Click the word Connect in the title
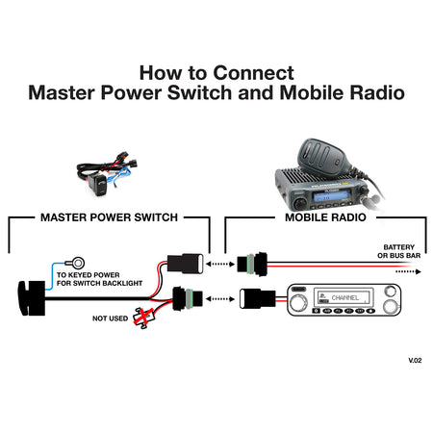pos(253,73)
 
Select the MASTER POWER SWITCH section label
pos(109,217)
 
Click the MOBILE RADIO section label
pos(325,217)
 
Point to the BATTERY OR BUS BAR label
pos(399,251)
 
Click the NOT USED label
pos(110,318)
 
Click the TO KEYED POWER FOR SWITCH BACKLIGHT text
pos(99,279)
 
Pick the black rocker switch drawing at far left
pos(32,298)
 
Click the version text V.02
pos(415,360)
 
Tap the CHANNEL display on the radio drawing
pos(344,297)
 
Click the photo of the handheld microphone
pos(321,157)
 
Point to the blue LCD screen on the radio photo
pos(330,195)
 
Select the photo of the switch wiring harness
pos(107,173)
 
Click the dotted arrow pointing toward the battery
pos(408,271)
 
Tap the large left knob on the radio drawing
pos(296,302)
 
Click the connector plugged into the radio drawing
pos(258,298)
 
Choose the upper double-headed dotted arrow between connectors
pos(220,264)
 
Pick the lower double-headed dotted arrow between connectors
pos(220,299)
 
